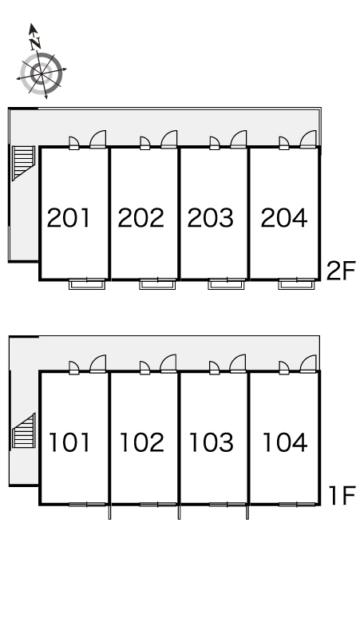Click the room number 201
[69, 217]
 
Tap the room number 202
[140, 217]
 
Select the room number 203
[210, 217]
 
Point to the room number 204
[284, 217]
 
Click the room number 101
[69, 442]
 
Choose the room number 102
[142, 442]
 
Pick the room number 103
[212, 442]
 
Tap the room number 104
[285, 442]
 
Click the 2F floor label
[341, 271]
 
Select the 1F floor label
[342, 495]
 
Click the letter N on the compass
[36, 42]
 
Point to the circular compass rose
[42, 73]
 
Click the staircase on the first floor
[24, 430]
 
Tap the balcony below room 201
[87, 283]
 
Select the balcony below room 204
[296, 283]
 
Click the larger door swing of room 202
[168, 140]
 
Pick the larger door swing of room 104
[308, 364]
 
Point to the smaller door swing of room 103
[214, 368]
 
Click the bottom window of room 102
[157, 505]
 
